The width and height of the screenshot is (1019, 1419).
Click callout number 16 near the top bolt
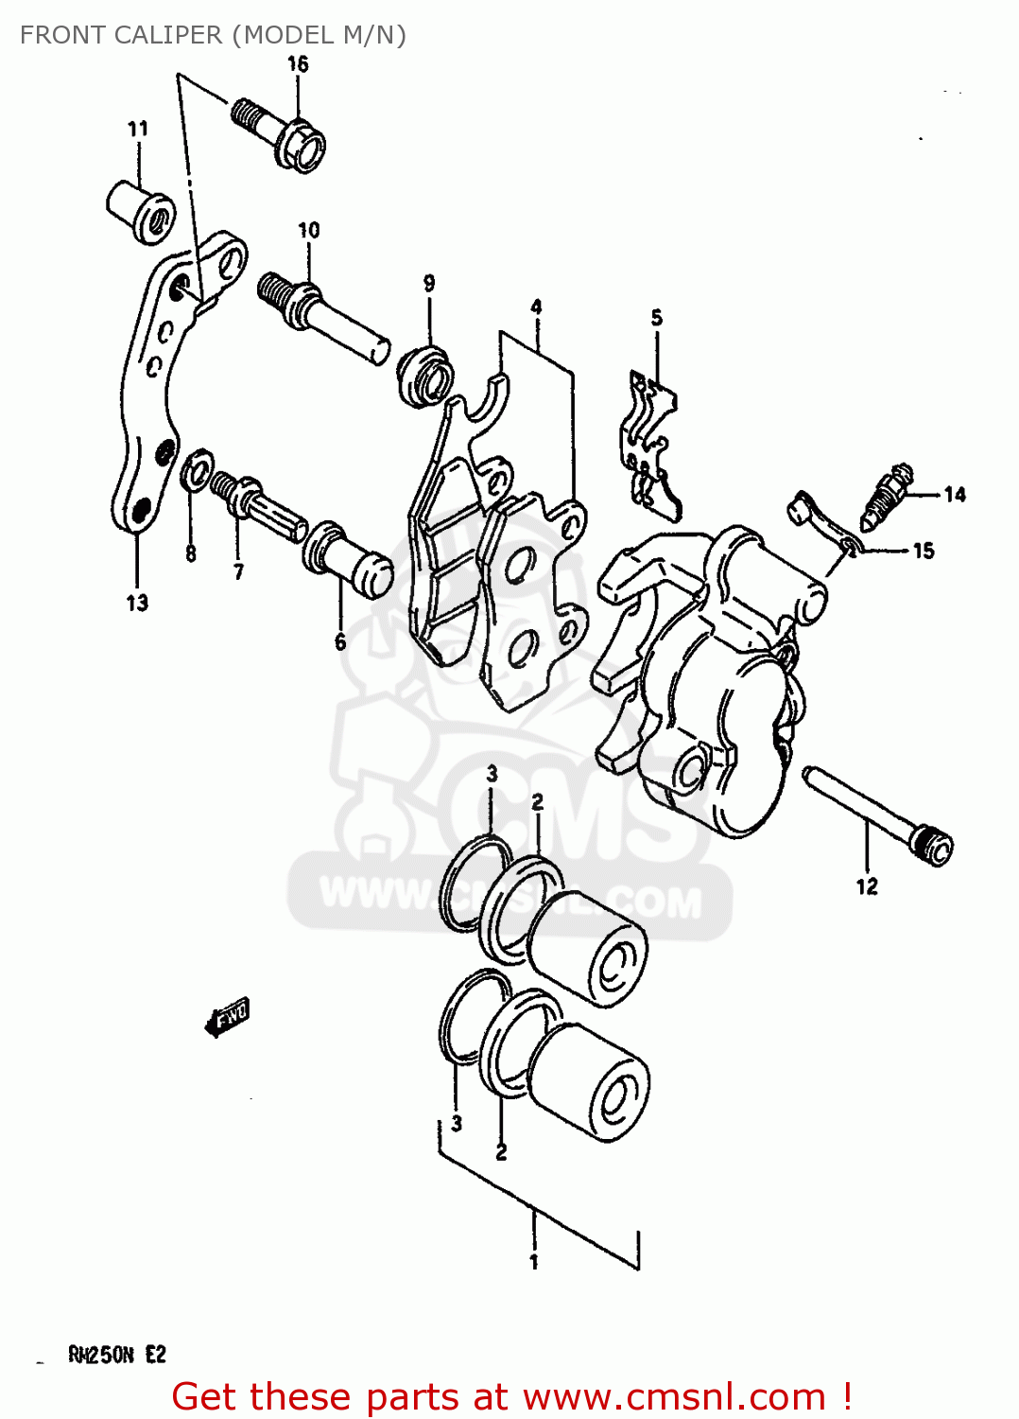click(x=298, y=64)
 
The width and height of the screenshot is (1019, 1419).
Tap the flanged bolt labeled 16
click(x=280, y=133)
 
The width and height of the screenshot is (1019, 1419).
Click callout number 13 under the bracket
click(x=137, y=603)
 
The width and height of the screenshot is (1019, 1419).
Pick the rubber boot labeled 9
click(x=425, y=376)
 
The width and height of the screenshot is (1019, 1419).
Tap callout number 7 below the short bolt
click(x=238, y=571)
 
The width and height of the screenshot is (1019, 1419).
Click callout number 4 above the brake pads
click(x=536, y=307)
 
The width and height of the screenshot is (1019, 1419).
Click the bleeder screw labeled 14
click(x=887, y=495)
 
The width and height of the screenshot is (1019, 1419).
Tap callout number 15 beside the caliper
click(x=924, y=551)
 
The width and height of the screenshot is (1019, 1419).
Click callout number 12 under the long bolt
click(x=867, y=886)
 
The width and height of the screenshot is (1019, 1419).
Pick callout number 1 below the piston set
click(x=534, y=1262)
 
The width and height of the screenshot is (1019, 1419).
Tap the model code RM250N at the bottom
click(x=101, y=1356)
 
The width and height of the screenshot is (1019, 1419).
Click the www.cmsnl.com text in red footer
click(x=674, y=1397)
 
